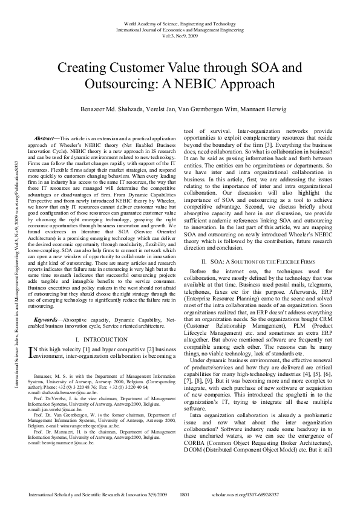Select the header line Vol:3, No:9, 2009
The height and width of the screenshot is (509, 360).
tap(180, 35)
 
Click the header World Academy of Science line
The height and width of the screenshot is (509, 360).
tap(180, 22)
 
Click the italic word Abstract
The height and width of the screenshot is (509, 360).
tap(45, 140)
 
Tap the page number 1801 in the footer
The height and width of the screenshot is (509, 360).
tap(185, 494)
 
